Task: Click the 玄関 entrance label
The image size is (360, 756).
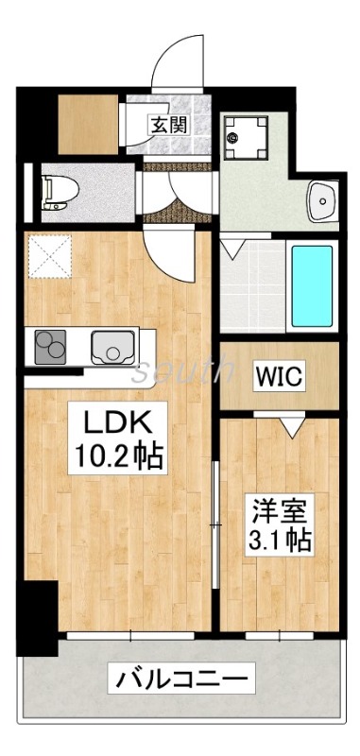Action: point(170,123)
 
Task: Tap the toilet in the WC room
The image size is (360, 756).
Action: point(59,190)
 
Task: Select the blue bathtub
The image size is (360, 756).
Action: point(311,285)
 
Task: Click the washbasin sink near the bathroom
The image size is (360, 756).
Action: point(324,200)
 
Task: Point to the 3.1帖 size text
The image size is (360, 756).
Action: point(281,541)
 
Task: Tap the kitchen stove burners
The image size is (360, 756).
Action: point(50,348)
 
